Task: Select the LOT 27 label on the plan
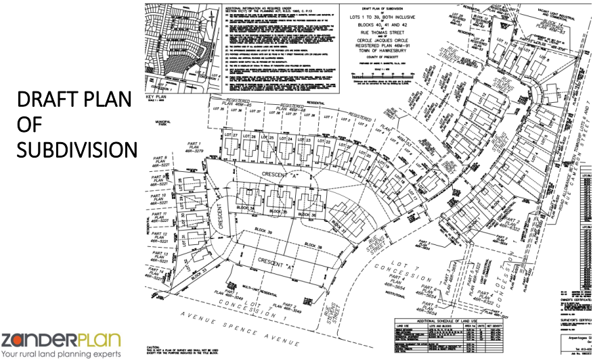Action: (x=232, y=137)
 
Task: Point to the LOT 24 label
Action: (x=286, y=139)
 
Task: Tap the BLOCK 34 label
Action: (x=247, y=208)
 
